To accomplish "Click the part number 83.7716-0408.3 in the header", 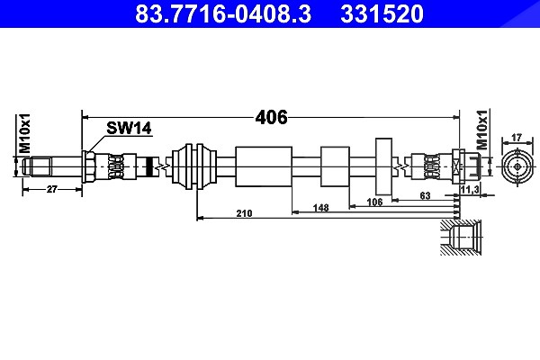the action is click(223, 13).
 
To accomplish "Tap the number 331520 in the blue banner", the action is click(382, 13).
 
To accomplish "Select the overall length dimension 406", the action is click(271, 118).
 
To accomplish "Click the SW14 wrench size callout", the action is click(129, 128).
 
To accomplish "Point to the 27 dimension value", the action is click(51, 189).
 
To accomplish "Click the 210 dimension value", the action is click(244, 213).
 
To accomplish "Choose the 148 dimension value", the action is click(320, 208).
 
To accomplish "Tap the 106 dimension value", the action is click(374, 202).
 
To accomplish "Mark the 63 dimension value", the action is click(426, 195).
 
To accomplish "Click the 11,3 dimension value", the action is click(470, 189).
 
